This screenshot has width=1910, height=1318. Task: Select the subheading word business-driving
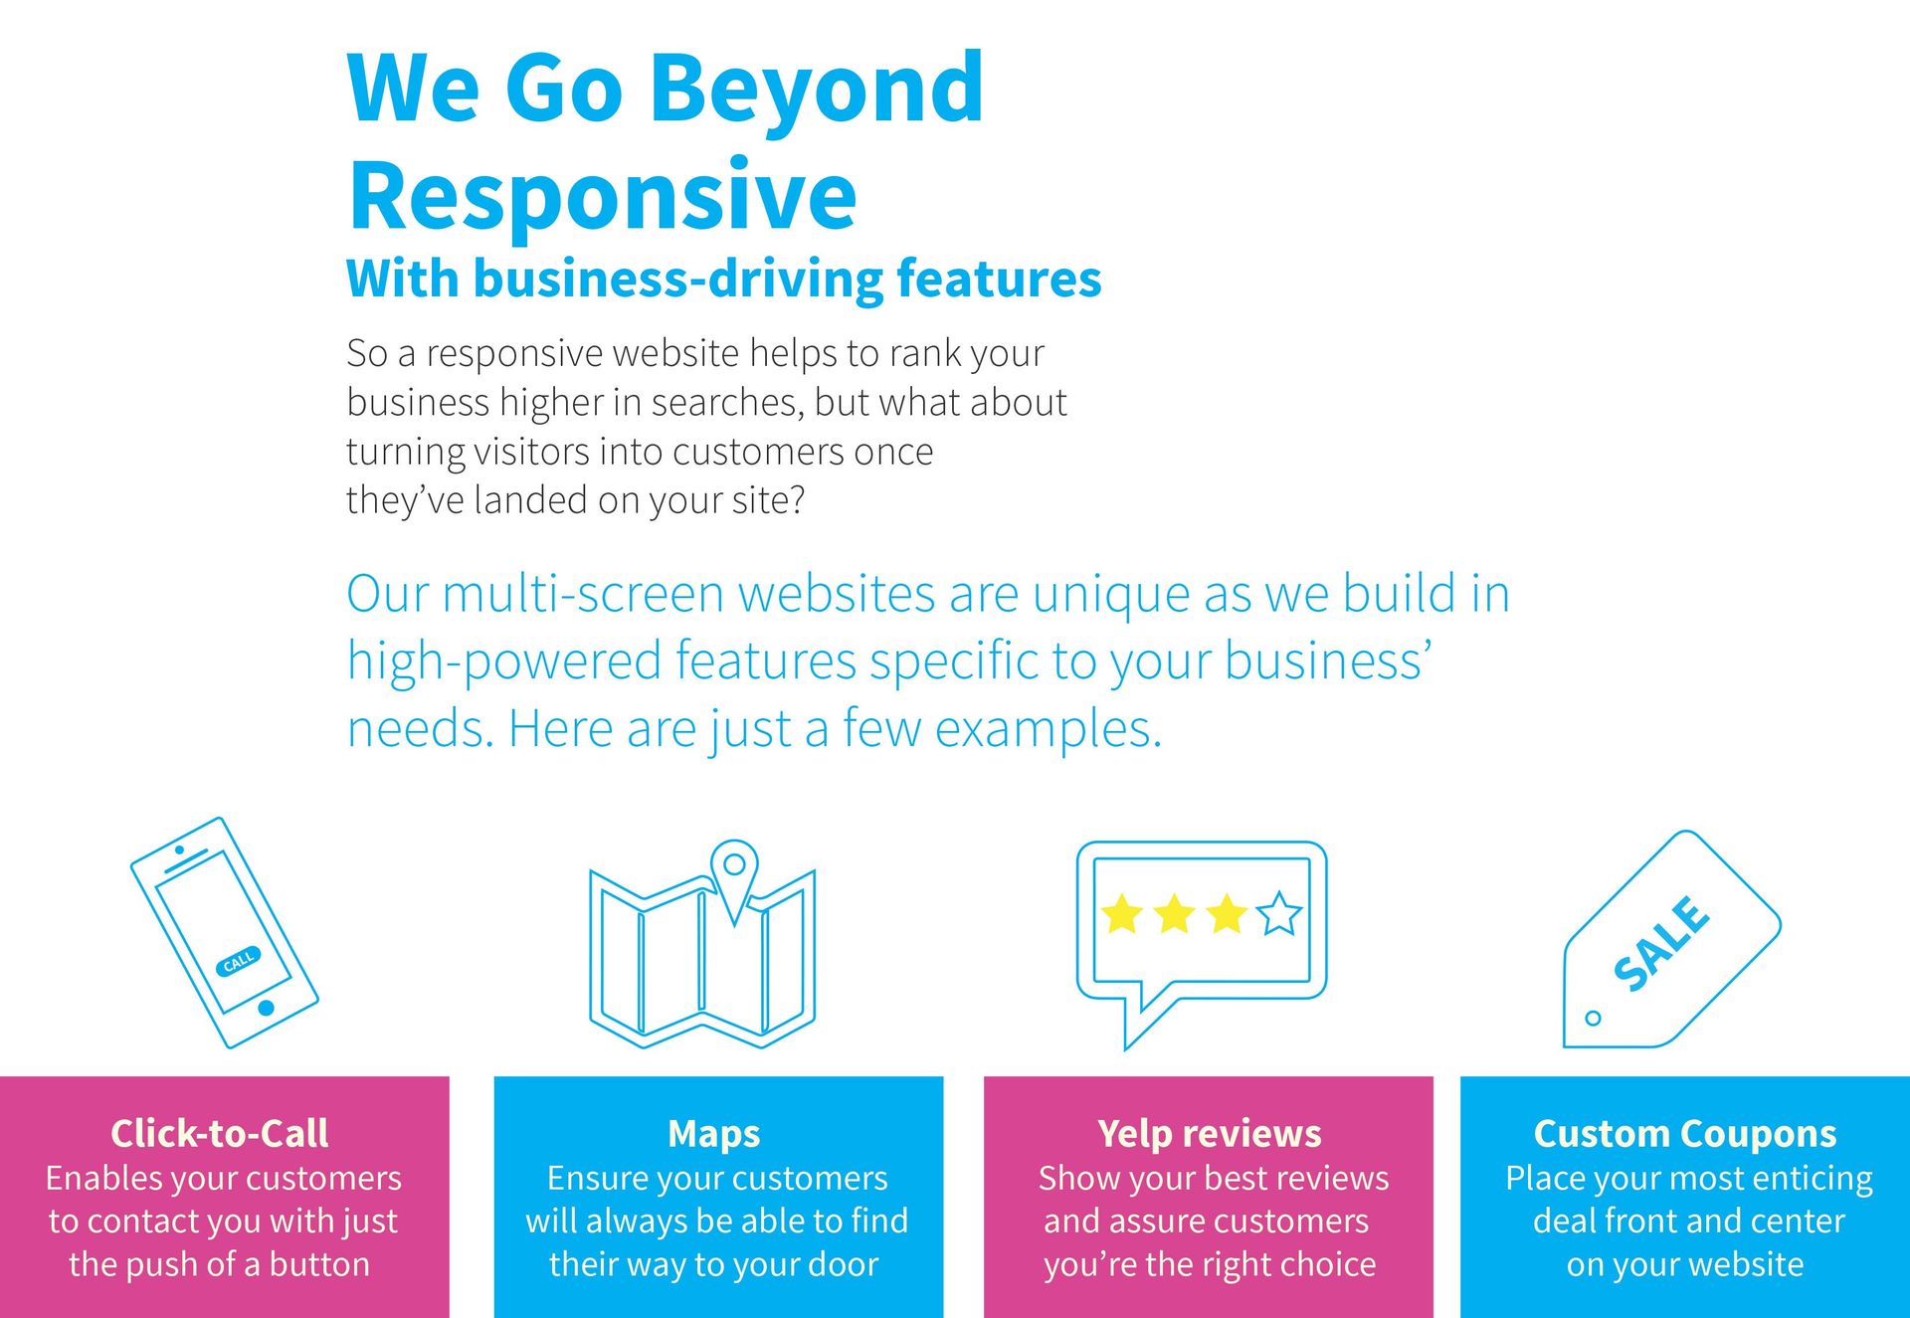point(678,280)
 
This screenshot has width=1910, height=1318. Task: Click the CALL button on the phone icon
point(239,961)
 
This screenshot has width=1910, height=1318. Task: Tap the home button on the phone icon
point(266,1008)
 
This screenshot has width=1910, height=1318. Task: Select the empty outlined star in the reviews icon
point(1279,913)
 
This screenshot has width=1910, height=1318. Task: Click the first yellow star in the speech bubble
point(1122,913)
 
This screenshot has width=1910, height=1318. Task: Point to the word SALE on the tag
point(1660,943)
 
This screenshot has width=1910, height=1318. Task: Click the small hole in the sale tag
point(1593,1019)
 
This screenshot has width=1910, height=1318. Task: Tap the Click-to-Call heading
point(220,1133)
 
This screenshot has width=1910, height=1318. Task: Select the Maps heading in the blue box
point(714,1134)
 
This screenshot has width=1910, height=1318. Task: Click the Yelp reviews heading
point(1210,1134)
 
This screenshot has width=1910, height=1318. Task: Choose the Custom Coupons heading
point(1685,1134)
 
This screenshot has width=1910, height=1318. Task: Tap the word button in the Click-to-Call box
point(319,1264)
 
